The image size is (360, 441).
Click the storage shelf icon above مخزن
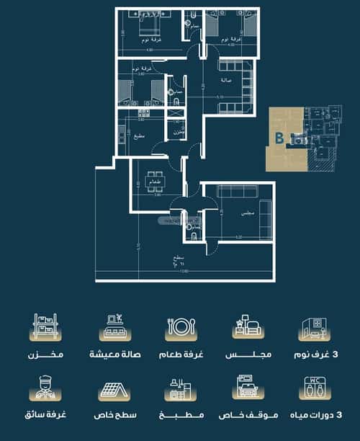[x=45, y=327]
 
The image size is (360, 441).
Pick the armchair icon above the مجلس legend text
[x=245, y=327]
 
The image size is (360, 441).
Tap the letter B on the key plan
[x=278, y=136]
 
